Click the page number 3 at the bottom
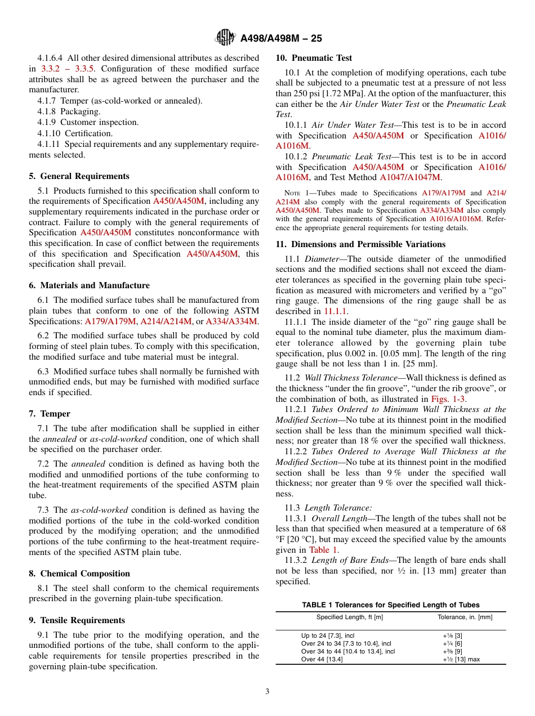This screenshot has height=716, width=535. [x=267, y=691]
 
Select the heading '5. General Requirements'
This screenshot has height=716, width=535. [x=79, y=176]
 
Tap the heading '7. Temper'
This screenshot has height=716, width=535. [x=50, y=414]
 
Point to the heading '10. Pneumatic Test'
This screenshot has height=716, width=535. [x=314, y=58]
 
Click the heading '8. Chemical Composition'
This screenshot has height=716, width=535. [x=79, y=574]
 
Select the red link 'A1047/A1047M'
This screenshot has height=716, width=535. [x=409, y=177]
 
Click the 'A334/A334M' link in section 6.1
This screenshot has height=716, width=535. [x=231, y=321]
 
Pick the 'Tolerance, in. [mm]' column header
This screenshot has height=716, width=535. [x=465, y=617]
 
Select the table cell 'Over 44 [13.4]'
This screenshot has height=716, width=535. [x=322, y=659]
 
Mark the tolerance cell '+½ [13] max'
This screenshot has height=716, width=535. [x=461, y=659]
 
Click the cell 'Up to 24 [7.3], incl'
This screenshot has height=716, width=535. [x=328, y=636]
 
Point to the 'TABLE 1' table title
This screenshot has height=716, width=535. [x=390, y=605]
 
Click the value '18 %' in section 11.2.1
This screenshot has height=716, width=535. [x=364, y=441]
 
